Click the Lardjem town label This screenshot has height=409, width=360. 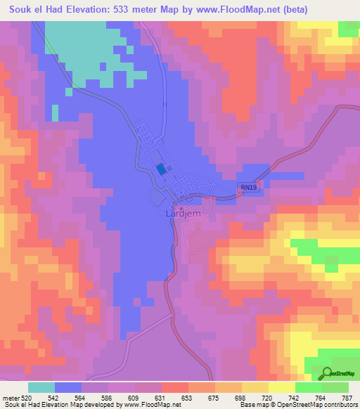pos(180,212)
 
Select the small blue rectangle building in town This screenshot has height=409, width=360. pos(162,169)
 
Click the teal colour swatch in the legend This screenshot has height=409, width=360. pos(41,388)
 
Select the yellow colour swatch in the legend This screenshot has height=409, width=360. pos(282,388)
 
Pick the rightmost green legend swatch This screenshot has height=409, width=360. pos(335,388)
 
